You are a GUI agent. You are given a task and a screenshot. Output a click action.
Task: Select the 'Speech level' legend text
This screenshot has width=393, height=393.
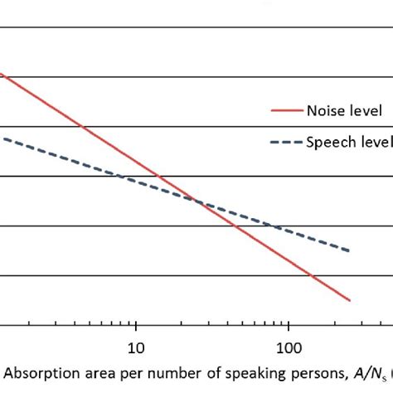[x=349, y=142]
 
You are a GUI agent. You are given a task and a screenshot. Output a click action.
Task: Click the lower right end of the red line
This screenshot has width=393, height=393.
[x=351, y=300]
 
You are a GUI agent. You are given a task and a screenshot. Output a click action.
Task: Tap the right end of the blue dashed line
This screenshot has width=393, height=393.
[x=351, y=251]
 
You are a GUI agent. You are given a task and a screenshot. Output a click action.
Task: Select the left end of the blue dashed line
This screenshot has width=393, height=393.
[x=2, y=138]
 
